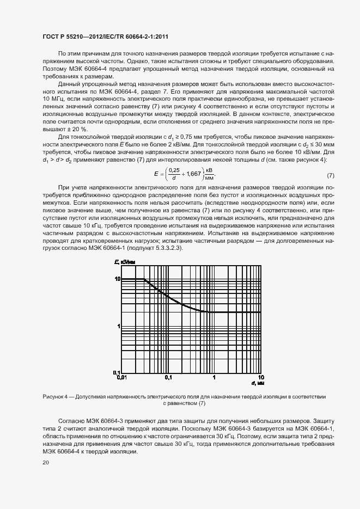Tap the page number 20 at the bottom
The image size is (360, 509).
point(46,463)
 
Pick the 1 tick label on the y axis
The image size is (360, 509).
point(118,326)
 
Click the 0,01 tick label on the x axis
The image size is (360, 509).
point(121,377)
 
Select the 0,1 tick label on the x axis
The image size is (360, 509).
point(168,377)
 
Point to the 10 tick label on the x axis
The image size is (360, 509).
point(261,377)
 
